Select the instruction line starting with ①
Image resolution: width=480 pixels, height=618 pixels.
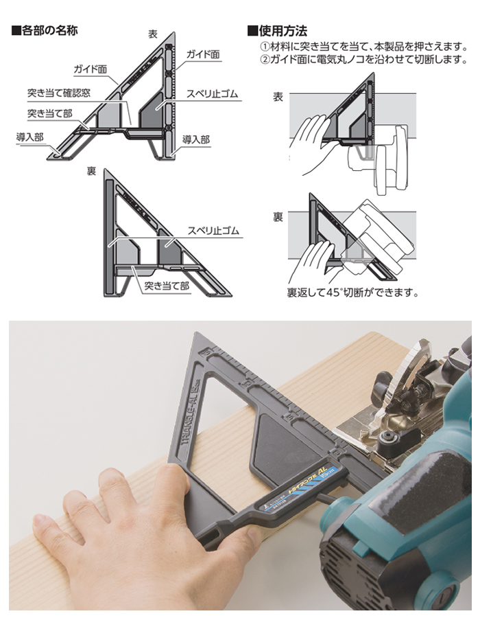coord(364,47)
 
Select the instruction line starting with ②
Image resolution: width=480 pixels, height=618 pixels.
coord(364,60)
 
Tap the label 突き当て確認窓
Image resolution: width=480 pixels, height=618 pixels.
coord(58,93)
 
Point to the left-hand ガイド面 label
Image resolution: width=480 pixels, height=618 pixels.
coord(91,69)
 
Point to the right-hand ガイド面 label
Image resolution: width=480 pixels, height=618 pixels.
coord(203,54)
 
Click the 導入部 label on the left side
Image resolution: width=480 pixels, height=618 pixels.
coord(29,137)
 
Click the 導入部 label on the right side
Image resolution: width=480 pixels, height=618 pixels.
coord(196,139)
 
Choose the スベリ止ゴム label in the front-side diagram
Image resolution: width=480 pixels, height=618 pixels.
coord(213,94)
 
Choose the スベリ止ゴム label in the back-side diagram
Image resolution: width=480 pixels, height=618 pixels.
coord(213,231)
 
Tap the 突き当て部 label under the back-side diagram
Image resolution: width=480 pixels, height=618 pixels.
coord(167,286)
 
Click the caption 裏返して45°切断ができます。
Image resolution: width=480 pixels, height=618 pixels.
coord(353,293)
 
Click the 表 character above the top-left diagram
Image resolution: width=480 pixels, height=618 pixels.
coord(153,34)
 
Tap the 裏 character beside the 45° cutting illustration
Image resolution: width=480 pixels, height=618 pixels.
coord(278,217)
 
